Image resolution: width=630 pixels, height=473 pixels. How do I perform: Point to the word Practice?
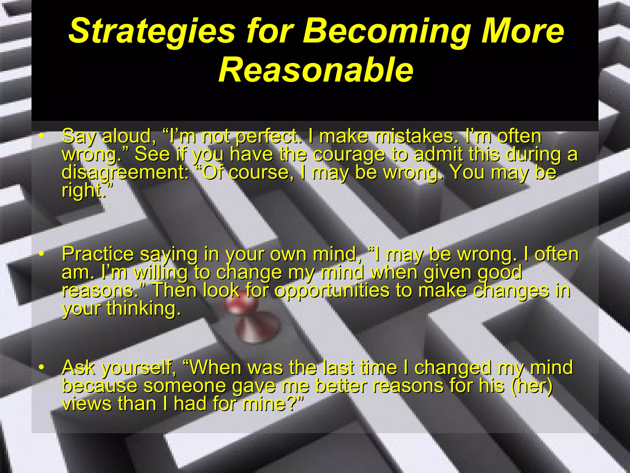pos(98,254)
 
